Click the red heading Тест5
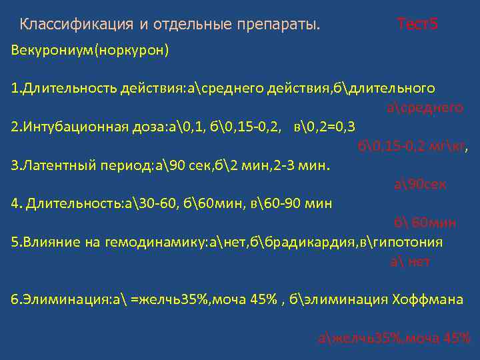coord(417,25)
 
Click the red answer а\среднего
coord(424,107)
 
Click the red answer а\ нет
coord(409,261)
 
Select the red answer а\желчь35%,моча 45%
coord(395,337)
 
